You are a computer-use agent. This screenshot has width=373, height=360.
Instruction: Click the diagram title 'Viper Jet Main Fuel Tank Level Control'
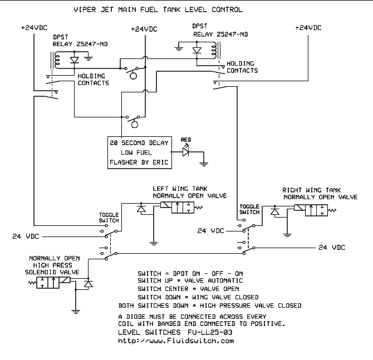(159, 10)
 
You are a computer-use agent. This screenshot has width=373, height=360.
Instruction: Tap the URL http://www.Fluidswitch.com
(176, 341)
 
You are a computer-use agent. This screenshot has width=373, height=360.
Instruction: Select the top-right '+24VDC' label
(308, 27)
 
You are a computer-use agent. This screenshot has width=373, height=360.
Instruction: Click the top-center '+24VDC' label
(145, 29)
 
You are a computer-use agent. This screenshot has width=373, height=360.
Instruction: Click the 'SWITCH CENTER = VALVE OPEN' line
(188, 289)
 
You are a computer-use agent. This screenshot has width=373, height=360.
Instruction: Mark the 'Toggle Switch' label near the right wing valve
(250, 209)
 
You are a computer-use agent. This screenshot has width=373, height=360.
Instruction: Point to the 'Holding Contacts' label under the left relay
(92, 80)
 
